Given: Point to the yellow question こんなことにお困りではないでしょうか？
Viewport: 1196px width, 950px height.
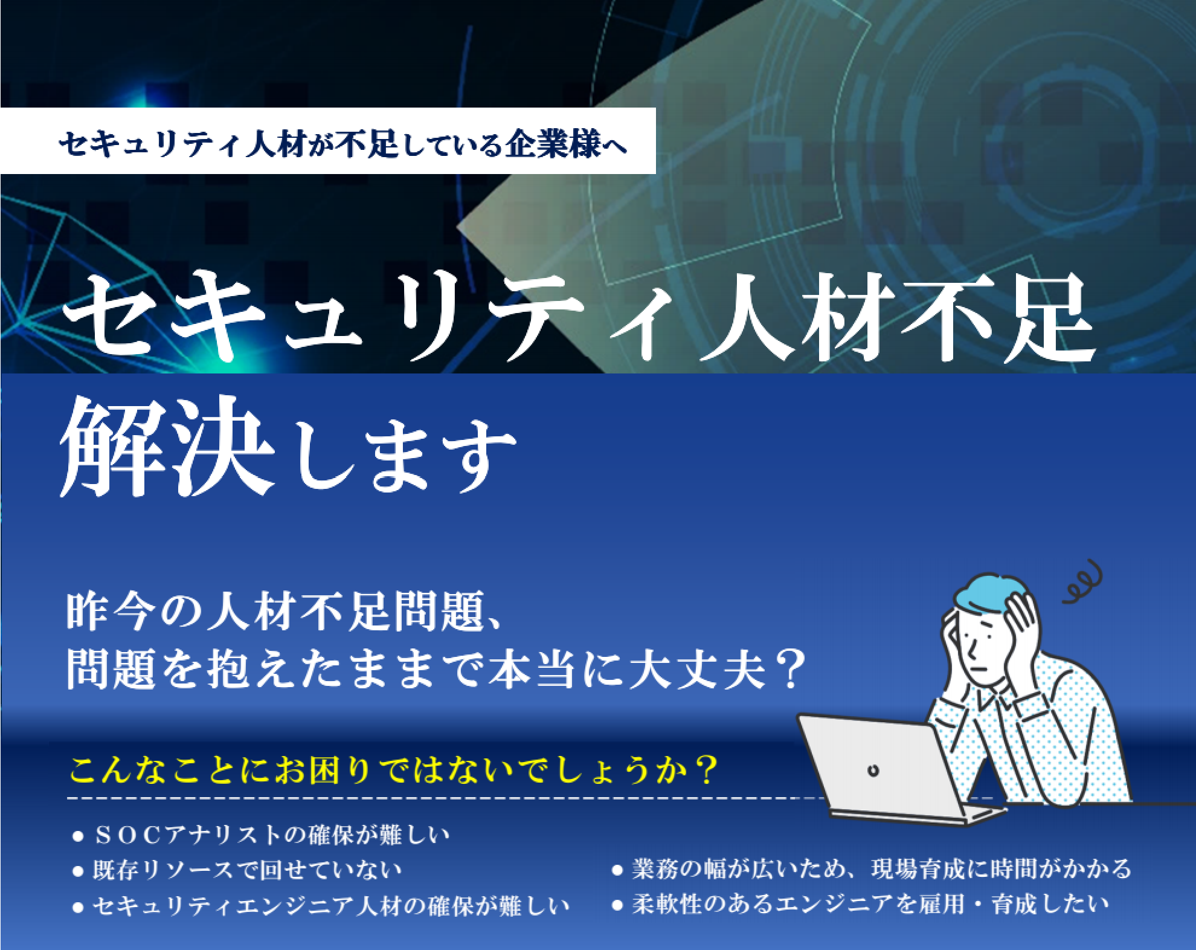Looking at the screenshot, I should click(x=393, y=771).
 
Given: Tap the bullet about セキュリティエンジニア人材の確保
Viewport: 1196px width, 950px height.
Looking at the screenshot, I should click(x=330, y=905).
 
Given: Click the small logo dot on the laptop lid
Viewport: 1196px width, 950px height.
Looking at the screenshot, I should click(x=873, y=771).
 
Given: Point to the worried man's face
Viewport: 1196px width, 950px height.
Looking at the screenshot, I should click(x=979, y=650).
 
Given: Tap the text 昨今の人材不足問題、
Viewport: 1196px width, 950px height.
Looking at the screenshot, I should click(x=284, y=612).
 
